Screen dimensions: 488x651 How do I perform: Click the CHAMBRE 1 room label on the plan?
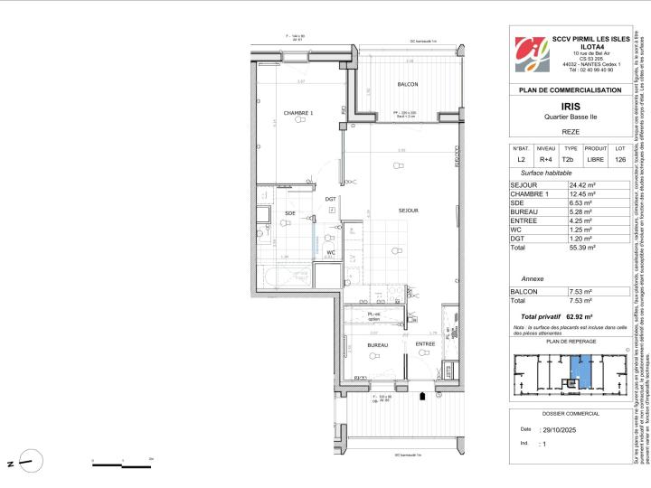[x=298, y=113]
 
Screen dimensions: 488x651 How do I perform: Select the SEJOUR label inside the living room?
[x=408, y=210]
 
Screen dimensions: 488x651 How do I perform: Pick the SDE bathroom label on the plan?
[x=290, y=213]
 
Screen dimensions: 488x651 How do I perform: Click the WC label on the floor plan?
[x=332, y=252]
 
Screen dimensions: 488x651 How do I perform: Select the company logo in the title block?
[x=531, y=54]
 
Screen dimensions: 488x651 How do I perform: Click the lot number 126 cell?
[x=619, y=160]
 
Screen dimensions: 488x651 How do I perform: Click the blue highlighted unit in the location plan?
[x=581, y=369]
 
